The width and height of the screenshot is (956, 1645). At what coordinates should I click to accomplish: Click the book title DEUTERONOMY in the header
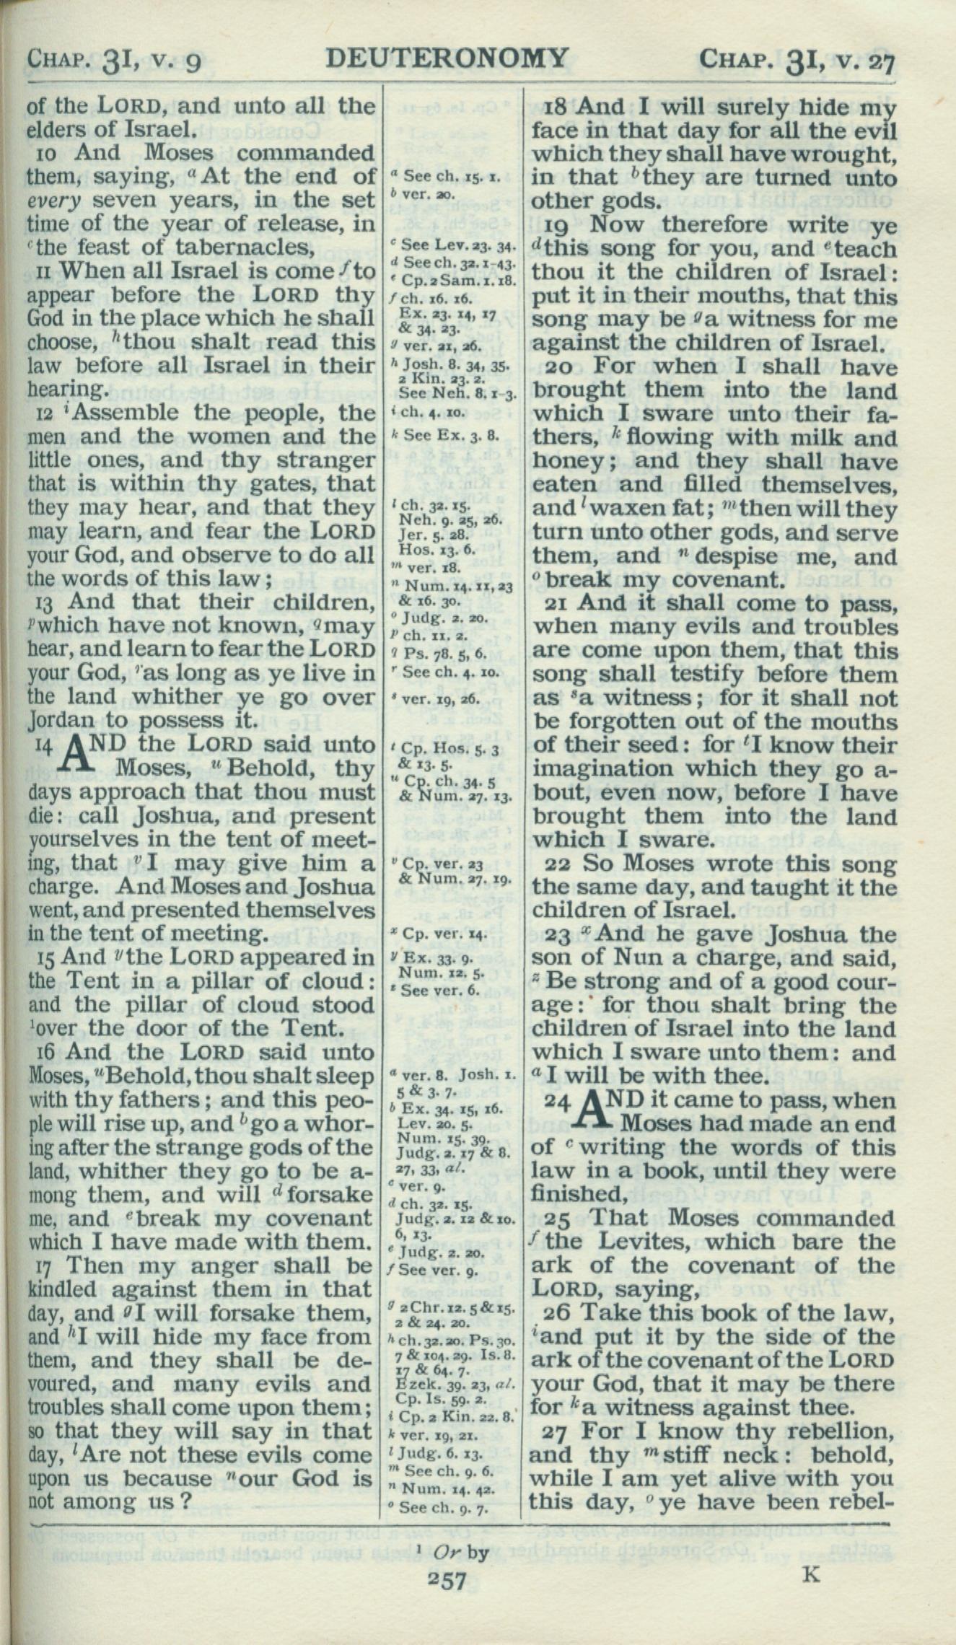[x=447, y=58]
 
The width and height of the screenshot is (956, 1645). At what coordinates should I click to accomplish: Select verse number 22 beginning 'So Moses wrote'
[x=556, y=864]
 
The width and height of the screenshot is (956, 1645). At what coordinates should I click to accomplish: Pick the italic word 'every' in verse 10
[x=52, y=200]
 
